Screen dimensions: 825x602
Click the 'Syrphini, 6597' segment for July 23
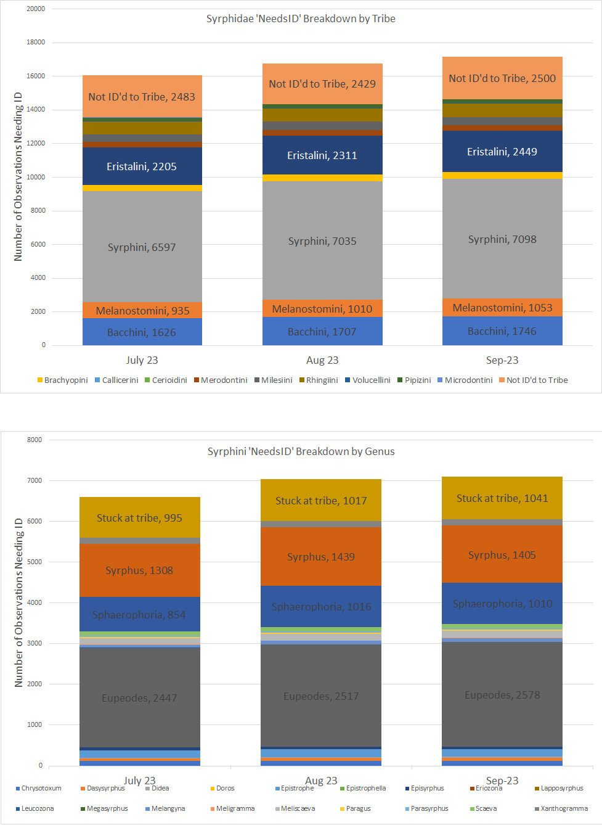point(142,247)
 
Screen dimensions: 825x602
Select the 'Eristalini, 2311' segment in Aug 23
point(322,155)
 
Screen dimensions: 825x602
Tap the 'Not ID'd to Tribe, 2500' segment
point(502,78)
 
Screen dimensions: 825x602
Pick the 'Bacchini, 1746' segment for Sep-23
point(502,331)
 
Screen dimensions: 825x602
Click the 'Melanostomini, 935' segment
point(142,310)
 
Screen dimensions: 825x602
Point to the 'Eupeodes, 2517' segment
point(321,696)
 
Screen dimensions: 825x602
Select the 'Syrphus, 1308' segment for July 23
point(139,570)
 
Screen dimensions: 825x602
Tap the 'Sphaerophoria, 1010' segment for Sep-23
point(502,604)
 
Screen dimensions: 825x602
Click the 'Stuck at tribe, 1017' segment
point(321,501)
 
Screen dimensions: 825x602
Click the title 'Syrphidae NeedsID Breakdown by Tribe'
point(301,18)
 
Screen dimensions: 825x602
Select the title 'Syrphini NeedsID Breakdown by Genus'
point(301,451)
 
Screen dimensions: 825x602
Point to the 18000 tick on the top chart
point(36,43)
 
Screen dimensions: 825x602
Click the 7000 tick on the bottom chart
point(36,480)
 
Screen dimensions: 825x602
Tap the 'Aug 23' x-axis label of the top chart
point(322,360)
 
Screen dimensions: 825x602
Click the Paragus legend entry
point(358,808)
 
